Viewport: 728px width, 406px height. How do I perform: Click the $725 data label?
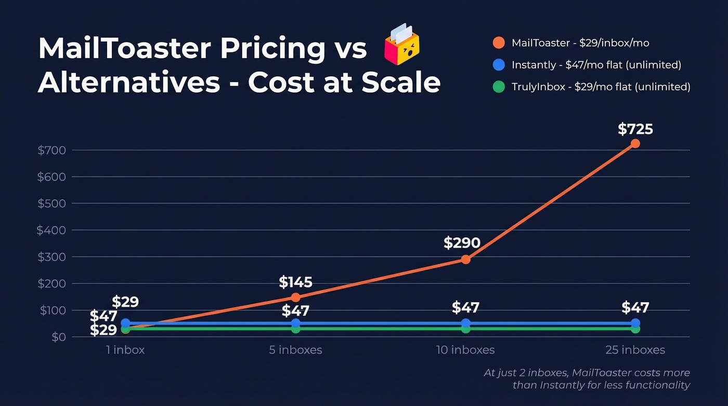click(x=635, y=129)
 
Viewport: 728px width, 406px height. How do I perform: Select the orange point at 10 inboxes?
click(x=465, y=259)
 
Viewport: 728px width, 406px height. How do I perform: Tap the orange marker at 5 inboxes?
click(x=295, y=297)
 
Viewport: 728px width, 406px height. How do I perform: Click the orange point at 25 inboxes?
click(x=635, y=143)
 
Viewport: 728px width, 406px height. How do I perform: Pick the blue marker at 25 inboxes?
click(x=635, y=323)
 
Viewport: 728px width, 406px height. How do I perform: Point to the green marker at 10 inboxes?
click(x=465, y=329)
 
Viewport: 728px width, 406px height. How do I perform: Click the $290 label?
click(x=462, y=243)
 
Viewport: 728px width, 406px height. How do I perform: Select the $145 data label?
click(x=295, y=282)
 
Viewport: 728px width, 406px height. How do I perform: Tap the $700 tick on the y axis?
click(x=51, y=150)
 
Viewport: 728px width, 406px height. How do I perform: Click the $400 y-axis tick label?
click(x=51, y=230)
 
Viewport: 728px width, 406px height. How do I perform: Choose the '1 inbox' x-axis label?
click(x=125, y=350)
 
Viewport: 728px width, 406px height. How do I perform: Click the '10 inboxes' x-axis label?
click(x=465, y=350)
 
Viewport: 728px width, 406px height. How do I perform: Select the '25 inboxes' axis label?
click(x=635, y=350)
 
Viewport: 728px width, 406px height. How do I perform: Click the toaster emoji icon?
click(x=401, y=45)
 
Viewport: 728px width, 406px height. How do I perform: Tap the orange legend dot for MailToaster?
click(x=498, y=43)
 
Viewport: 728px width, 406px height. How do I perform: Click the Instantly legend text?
click(x=596, y=65)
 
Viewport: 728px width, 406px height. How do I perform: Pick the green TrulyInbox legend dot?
click(x=498, y=87)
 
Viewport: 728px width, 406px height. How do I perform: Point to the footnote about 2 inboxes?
click(x=587, y=379)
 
